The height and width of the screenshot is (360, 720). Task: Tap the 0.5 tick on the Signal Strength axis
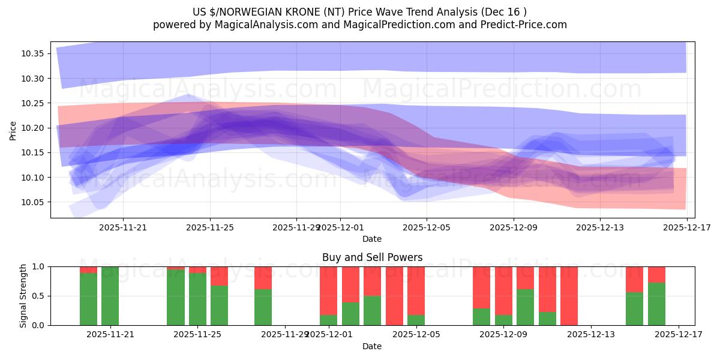pos(38,296)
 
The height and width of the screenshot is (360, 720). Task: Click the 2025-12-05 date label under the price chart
pos(426,228)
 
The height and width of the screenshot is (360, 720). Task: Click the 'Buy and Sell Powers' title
pos(372,257)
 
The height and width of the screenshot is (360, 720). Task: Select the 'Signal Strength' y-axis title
pos(23,296)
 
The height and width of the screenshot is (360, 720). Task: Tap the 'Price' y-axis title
pos(13,130)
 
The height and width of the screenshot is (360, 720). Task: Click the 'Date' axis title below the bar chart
pos(372,346)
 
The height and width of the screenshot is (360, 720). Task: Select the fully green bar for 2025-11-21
pos(110,296)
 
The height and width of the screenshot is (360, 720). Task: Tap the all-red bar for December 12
pos(569,296)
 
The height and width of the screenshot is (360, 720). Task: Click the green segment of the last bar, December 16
pos(656,304)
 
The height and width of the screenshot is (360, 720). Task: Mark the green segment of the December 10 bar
pos(525,307)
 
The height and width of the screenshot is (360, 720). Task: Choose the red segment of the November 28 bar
pos(263,278)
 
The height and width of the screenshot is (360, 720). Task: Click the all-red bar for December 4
pos(394,296)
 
